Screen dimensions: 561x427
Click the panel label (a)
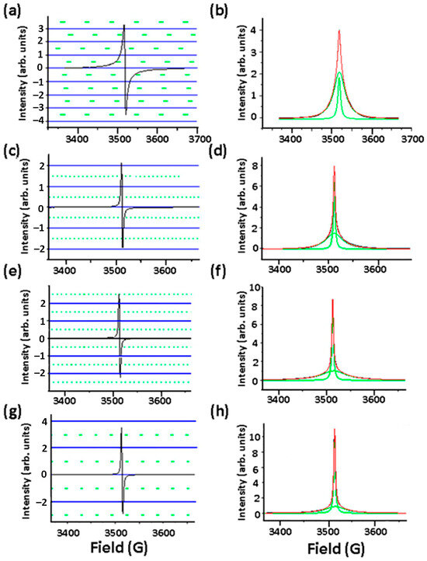(12, 9)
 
